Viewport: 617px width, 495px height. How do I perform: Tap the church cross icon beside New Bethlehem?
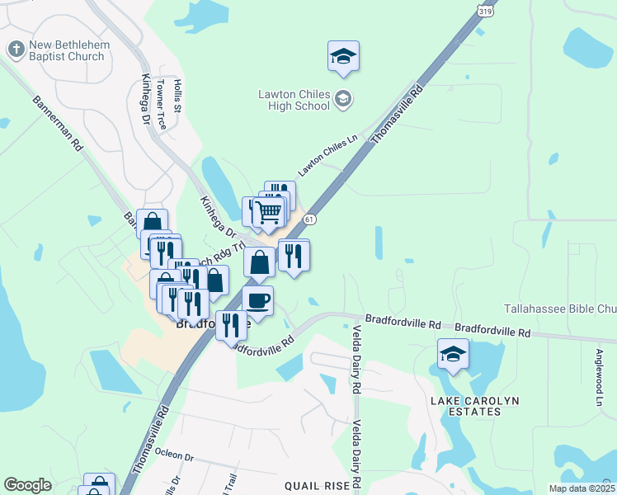pyautogui.click(x=16, y=49)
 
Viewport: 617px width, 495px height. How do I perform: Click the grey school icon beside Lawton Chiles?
pyautogui.click(x=343, y=100)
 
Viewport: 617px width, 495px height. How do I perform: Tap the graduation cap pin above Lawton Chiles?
pyautogui.click(x=343, y=56)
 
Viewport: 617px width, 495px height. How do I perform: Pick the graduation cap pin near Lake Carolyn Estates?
pyautogui.click(x=453, y=354)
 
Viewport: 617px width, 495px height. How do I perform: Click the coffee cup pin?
pyautogui.click(x=257, y=300)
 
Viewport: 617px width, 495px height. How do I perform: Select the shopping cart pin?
pyautogui.click(x=270, y=213)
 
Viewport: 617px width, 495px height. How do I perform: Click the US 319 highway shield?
pyautogui.click(x=487, y=9)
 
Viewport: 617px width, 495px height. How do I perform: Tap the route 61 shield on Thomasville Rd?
pyautogui.click(x=308, y=219)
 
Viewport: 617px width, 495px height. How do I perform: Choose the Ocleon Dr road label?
pyautogui.click(x=174, y=455)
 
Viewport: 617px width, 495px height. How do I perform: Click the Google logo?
pyautogui.click(x=28, y=485)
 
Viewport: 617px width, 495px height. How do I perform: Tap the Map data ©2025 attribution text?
pyautogui.click(x=581, y=488)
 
